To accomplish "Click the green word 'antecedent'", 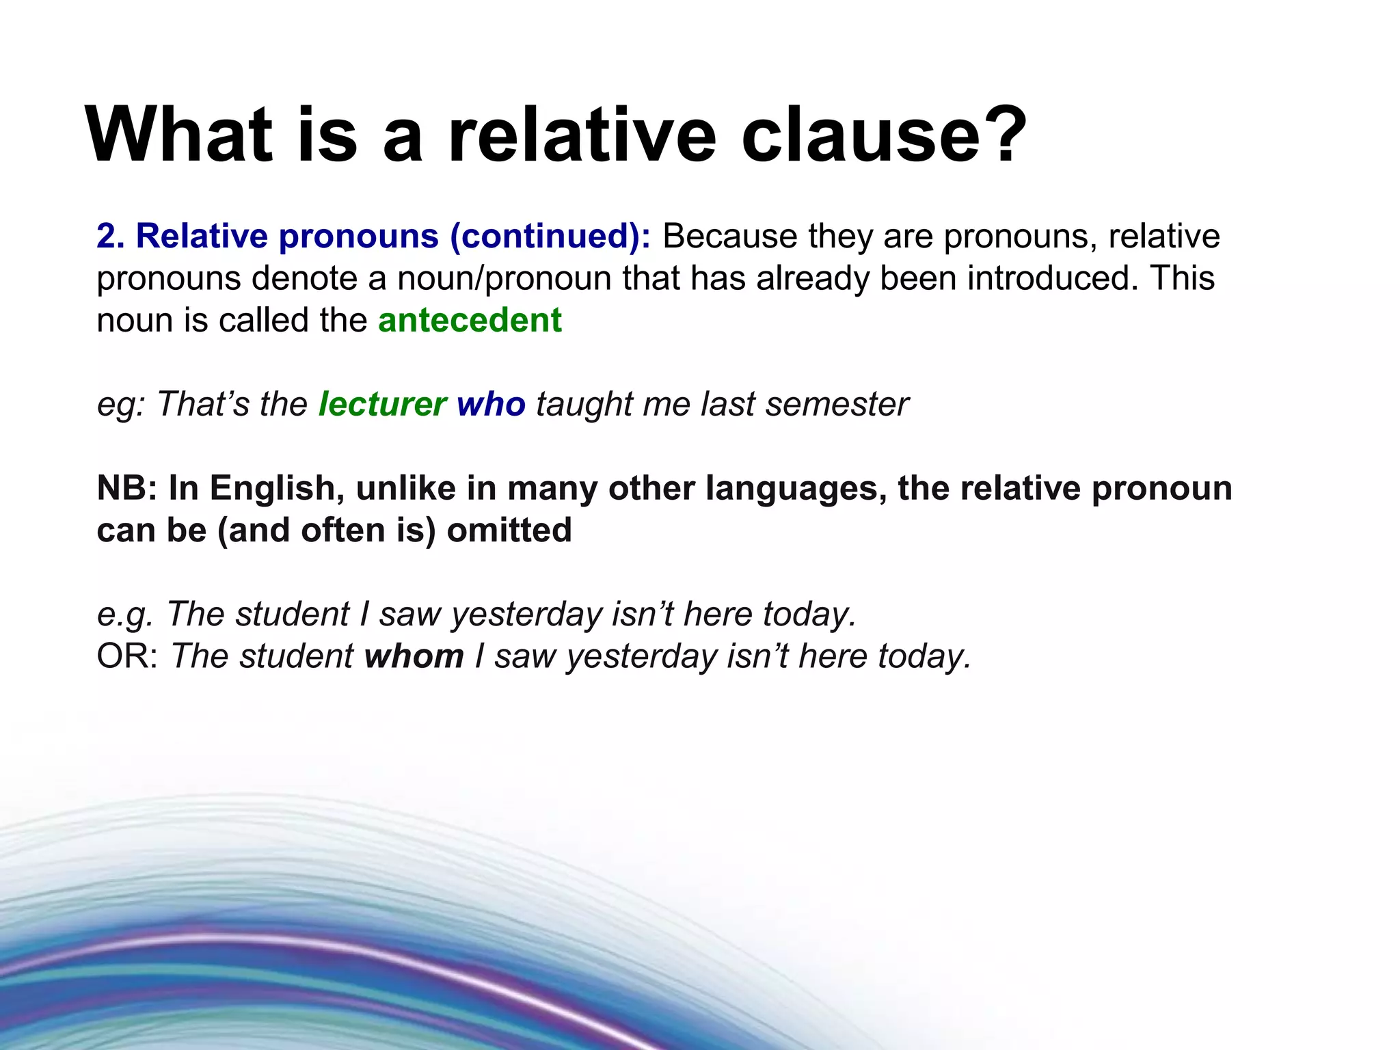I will pyautogui.click(x=470, y=320).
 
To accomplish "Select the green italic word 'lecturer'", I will pyautogui.click(x=383, y=403).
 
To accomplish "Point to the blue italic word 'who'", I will pyautogui.click(x=491, y=403).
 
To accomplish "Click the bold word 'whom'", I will pyautogui.click(x=414, y=656).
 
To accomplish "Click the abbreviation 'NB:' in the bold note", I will pyautogui.click(x=127, y=488).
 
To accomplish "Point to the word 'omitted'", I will pyautogui.click(x=509, y=530).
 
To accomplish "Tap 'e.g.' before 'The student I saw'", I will pyautogui.click(x=125, y=614).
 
